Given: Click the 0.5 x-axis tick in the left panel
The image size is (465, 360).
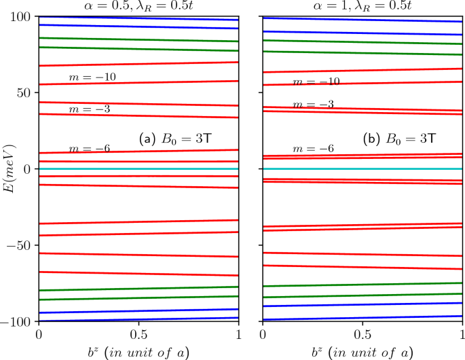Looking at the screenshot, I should point(138,335).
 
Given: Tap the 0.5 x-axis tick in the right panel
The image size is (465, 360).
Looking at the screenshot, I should point(362,335).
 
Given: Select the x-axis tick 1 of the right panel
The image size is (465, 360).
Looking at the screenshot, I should point(462,335).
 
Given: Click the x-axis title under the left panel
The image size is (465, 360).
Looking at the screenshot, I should point(138,351).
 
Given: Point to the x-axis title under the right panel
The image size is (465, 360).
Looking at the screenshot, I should point(362,351).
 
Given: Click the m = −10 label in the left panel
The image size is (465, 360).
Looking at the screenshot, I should point(92,77).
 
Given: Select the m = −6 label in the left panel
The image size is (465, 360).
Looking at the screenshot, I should point(92,149).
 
